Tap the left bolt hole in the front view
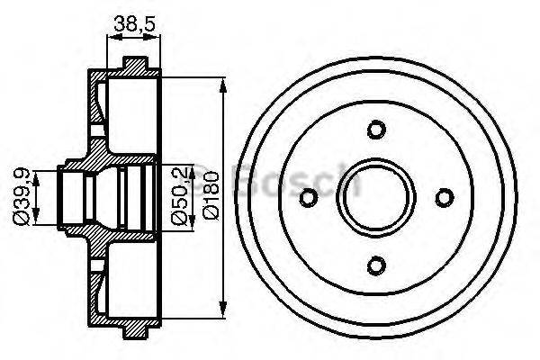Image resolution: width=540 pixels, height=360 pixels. (x=309, y=196)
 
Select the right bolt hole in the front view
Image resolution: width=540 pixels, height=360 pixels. (x=445, y=196)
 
